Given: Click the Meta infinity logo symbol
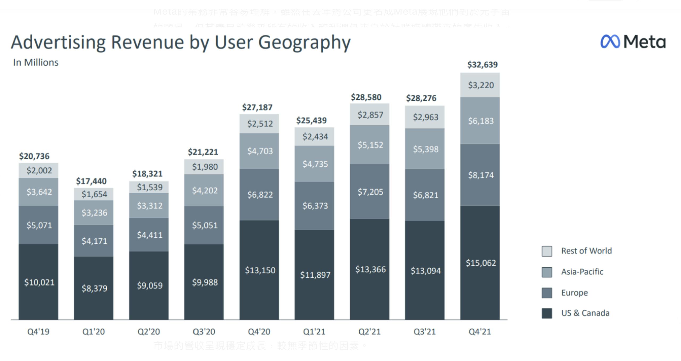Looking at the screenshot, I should (610, 42).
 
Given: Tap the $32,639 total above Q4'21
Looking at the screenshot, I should (482, 65).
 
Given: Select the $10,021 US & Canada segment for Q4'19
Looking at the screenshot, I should (39, 282).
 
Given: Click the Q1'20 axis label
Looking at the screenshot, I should (93, 332).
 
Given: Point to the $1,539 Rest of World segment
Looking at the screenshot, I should (150, 187).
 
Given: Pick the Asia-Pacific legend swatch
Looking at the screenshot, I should (547, 272).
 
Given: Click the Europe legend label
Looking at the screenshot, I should (574, 293).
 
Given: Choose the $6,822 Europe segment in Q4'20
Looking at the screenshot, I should (260, 195).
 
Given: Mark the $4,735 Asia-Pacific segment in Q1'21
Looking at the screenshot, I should (315, 164).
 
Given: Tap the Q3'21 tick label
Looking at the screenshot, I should (425, 332).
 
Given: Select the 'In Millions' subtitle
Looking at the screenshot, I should (36, 63).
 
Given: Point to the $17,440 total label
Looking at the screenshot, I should (91, 181).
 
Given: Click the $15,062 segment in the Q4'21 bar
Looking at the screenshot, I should (480, 263).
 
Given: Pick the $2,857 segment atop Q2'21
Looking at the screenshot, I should (370, 115).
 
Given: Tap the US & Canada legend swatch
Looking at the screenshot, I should (547, 313).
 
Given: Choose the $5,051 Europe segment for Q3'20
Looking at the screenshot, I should (205, 225).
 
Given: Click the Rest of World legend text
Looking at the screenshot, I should (586, 251).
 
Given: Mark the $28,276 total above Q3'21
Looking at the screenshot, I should (421, 98).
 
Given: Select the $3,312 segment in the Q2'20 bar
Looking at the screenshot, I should (150, 206).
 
